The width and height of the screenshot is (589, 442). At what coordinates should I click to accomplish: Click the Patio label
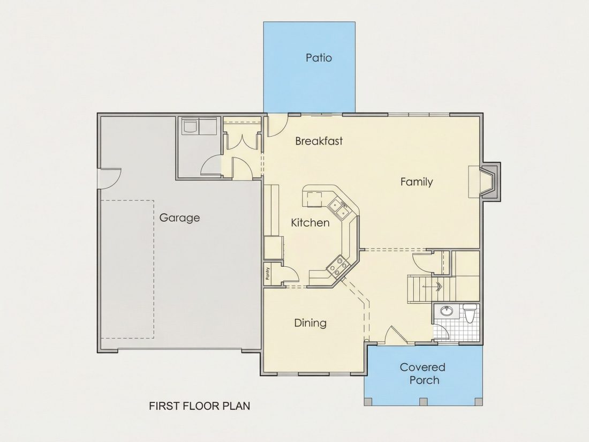[319, 57]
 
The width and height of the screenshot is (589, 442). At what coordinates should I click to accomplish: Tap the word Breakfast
[319, 141]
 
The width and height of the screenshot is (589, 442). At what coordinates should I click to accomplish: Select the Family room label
[417, 182]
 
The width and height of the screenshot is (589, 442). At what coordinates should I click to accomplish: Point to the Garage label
[179, 218]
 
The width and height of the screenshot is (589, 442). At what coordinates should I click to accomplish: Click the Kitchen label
[310, 222]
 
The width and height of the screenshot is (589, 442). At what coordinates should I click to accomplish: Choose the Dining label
[310, 323]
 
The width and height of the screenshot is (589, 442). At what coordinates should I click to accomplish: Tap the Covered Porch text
[423, 373]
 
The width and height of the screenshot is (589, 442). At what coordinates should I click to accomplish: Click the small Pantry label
[267, 273]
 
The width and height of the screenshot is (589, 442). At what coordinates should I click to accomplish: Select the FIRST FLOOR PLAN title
[200, 406]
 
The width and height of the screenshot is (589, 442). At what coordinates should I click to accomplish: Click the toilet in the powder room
[470, 313]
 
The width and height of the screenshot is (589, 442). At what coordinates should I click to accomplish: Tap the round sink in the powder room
[446, 311]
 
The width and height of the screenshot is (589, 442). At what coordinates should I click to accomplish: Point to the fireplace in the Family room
[485, 182]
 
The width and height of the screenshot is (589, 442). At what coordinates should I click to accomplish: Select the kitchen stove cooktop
[337, 265]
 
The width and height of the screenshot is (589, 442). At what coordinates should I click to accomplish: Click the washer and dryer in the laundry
[199, 126]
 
